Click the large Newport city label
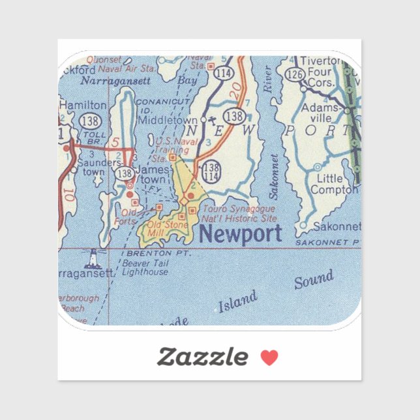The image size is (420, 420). (241, 233)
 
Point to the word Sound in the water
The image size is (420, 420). (314, 280)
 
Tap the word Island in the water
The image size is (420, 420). (237, 302)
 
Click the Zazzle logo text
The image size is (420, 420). (202, 357)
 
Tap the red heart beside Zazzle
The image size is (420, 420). (269, 357)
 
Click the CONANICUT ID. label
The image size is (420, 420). (162, 106)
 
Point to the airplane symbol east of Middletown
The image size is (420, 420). (205, 119)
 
